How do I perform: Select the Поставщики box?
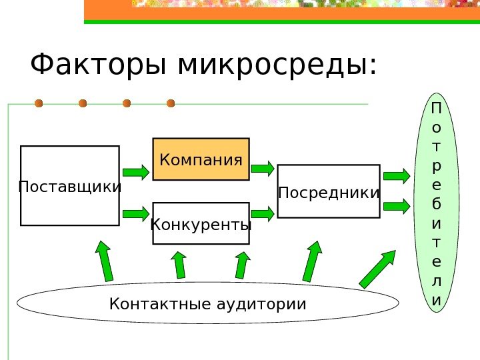(x=70, y=186)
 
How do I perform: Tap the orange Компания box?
(x=201, y=159)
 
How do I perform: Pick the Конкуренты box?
(x=201, y=223)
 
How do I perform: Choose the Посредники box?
(x=328, y=191)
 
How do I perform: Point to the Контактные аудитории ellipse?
(x=207, y=304)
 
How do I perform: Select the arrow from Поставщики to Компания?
(x=136, y=172)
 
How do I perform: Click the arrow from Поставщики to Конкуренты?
(x=136, y=213)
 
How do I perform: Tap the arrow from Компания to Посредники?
(x=263, y=168)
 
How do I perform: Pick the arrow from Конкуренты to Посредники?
(x=263, y=213)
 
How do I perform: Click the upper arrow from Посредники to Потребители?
(x=397, y=175)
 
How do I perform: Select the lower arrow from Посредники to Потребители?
(x=397, y=205)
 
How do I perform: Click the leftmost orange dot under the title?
(x=39, y=103)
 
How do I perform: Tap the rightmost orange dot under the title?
(x=171, y=103)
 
